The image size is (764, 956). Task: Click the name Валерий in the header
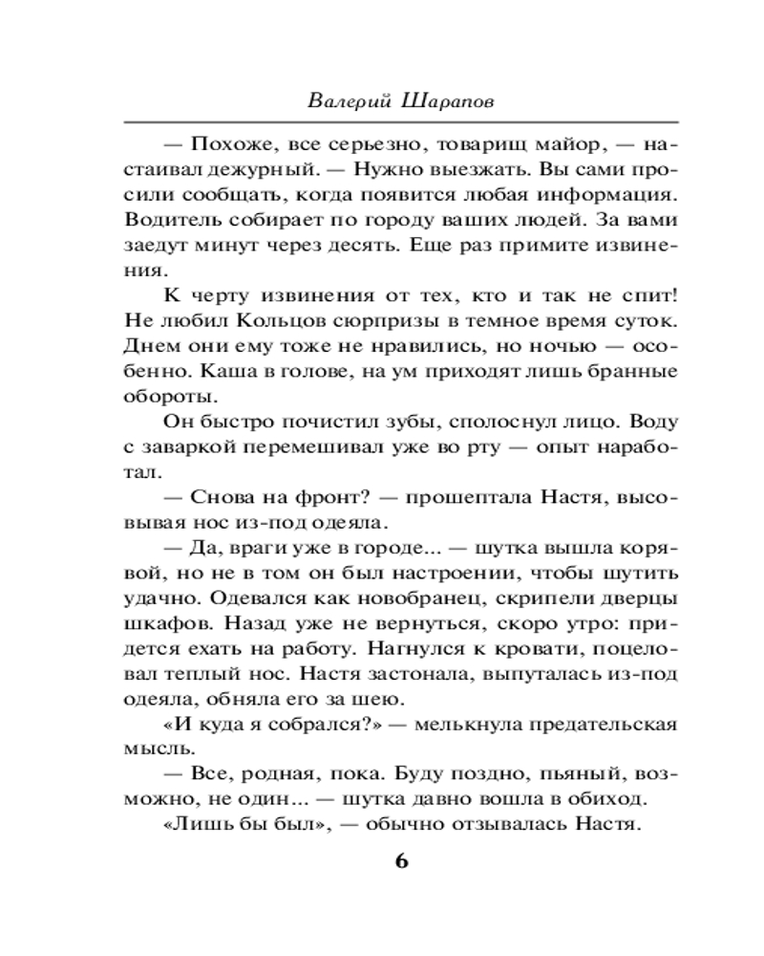350,98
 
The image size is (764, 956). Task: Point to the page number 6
401,860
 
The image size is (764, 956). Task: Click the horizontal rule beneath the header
401,121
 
